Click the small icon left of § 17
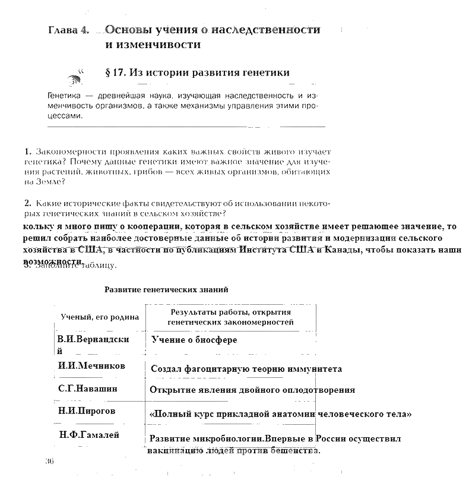[x=75, y=77]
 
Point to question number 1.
[x=27, y=152]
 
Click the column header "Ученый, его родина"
[x=100, y=317]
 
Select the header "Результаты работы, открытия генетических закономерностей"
[x=230, y=317]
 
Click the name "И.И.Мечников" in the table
[x=92, y=366]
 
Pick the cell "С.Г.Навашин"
[x=88, y=389]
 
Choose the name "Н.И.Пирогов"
[x=87, y=411]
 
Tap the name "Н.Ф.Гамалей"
[x=89, y=435]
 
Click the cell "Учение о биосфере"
[x=194, y=340]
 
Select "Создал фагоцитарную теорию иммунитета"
[x=246, y=369]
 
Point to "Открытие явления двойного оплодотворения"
[x=252, y=390]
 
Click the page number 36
[x=49, y=461]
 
